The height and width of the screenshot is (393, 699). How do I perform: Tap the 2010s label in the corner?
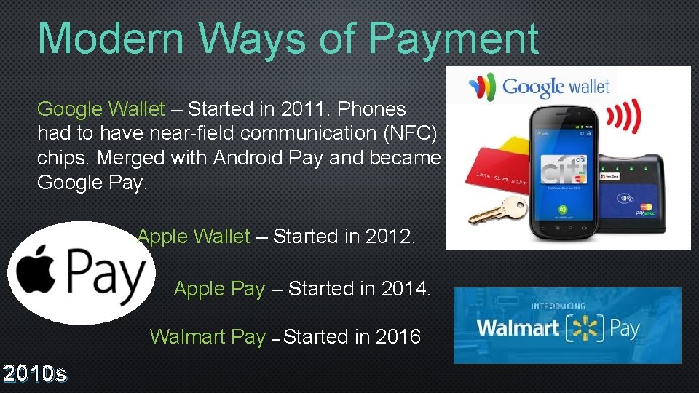(x=35, y=374)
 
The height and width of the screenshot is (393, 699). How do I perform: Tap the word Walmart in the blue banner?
(x=518, y=327)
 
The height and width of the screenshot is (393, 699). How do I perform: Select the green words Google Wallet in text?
(x=101, y=109)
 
